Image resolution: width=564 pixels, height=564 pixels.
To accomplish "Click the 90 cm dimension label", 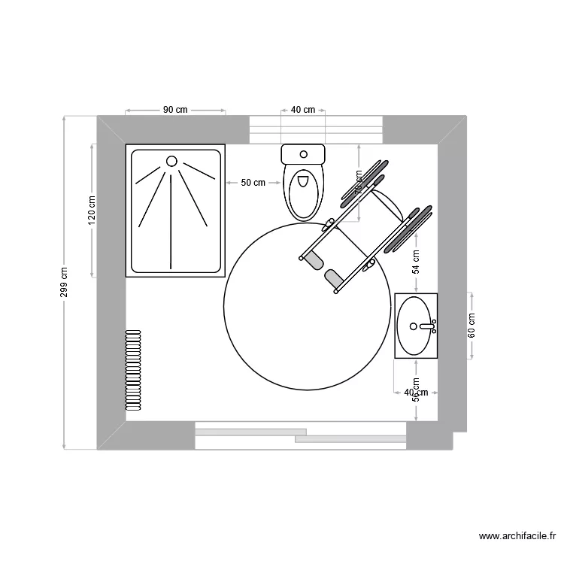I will tap(175, 110).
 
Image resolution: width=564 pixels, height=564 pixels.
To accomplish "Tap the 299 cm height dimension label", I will tap(64, 283).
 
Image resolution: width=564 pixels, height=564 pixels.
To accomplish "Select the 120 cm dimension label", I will tap(92, 210).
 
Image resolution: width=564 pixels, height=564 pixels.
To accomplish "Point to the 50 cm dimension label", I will tap(253, 183).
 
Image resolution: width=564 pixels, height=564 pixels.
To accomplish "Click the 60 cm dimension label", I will tap(472, 326).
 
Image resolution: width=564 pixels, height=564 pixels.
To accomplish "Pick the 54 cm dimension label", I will tap(416, 263).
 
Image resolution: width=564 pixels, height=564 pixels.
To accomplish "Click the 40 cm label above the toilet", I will tap(303, 110).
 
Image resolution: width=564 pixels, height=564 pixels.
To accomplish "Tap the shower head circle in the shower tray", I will tap(171, 161).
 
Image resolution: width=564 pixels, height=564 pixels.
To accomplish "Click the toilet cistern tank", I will tap(303, 155).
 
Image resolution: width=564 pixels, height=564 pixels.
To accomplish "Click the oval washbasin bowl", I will tap(415, 326).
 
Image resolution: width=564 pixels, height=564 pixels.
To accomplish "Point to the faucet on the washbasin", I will tap(428, 326).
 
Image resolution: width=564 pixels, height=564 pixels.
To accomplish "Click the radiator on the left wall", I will tap(134, 369).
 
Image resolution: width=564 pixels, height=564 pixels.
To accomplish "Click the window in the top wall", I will tap(316, 129).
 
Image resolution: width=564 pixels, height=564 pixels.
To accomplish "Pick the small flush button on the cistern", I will tap(303, 154).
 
